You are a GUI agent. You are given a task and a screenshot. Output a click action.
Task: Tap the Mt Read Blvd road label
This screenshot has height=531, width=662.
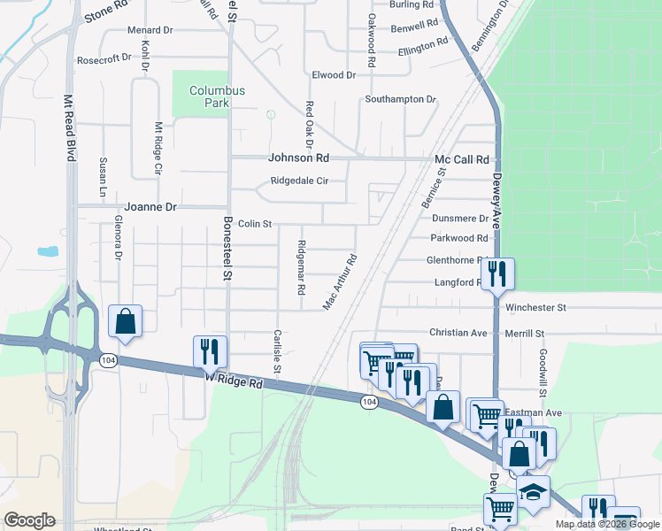tap(68, 127)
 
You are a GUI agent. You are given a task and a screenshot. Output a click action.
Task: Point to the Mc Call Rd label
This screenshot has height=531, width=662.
tap(461, 159)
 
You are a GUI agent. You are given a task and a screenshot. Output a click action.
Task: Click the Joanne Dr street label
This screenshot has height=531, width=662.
tap(150, 207)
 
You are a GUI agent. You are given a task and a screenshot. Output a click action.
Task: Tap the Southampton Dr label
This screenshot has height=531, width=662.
tap(401, 99)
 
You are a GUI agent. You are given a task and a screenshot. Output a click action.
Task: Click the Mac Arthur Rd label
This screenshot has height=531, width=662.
tap(339, 283)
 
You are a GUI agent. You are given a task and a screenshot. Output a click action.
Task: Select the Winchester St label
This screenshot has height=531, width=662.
tap(535, 308)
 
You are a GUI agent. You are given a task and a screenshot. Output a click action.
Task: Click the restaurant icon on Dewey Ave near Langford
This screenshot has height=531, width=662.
tap(497, 273)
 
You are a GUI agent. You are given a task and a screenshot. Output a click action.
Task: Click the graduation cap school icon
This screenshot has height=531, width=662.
tap(533, 491)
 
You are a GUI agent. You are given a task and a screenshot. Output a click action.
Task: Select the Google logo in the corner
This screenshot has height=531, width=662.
tap(29, 520)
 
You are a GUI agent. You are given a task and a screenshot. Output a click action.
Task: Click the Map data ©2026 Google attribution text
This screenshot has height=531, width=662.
tap(607, 524)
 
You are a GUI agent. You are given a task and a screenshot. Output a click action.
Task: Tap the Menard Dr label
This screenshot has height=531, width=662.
tap(150, 30)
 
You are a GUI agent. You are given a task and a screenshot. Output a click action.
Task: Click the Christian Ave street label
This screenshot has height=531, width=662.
tap(458, 333)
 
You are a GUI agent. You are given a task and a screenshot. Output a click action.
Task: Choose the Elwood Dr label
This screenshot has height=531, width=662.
tap(333, 76)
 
